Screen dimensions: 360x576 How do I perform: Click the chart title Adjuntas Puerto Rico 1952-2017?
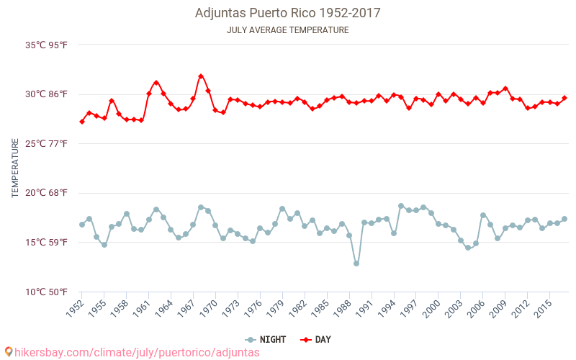(x=287, y=13)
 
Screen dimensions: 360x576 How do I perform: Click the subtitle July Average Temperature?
(x=287, y=30)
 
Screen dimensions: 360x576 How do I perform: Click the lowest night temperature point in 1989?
(x=356, y=264)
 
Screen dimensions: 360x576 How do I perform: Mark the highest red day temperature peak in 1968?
(x=201, y=76)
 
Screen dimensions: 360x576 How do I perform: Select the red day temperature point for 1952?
(x=82, y=122)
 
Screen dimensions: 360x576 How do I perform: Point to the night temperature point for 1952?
(x=82, y=225)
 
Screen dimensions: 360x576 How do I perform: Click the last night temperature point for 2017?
(x=564, y=219)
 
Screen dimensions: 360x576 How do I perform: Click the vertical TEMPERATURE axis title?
(x=15, y=168)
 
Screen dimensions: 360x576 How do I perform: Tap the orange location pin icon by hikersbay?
(x=9, y=352)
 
